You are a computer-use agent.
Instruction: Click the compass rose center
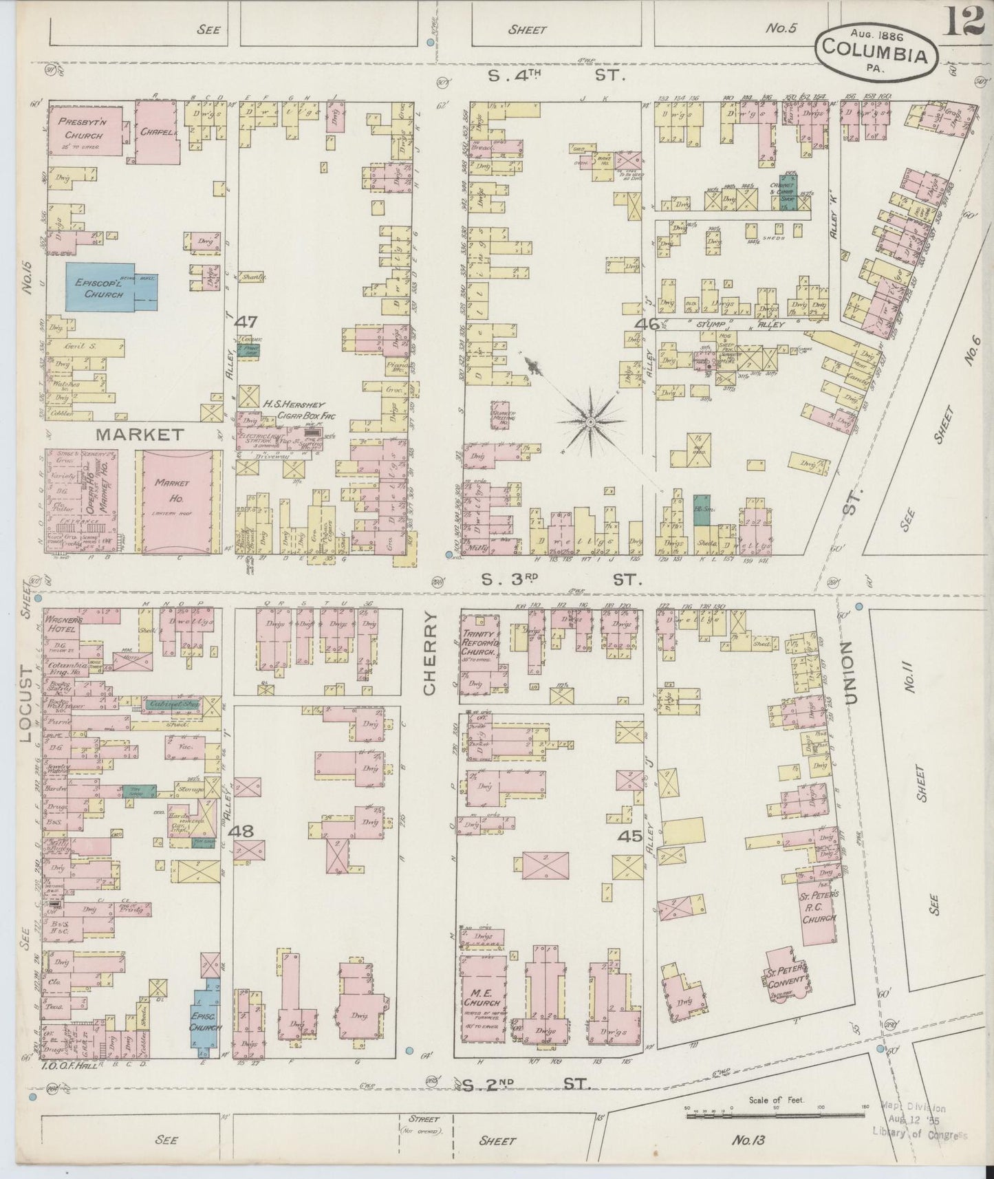(x=590, y=420)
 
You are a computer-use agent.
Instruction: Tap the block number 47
(x=246, y=321)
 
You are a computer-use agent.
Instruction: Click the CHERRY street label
(x=431, y=655)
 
